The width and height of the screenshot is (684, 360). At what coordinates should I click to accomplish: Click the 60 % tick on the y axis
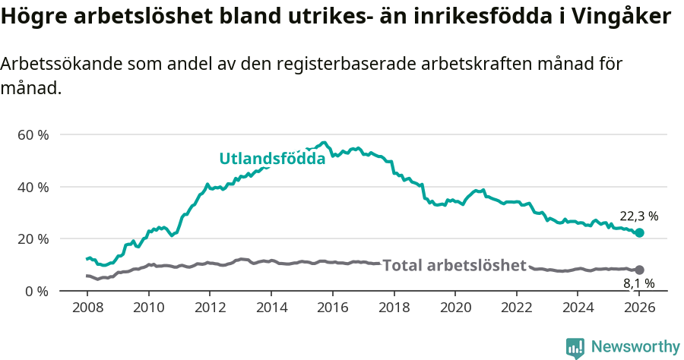[x=33, y=134]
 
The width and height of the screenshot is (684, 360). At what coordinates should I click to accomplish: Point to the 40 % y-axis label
[x=33, y=187]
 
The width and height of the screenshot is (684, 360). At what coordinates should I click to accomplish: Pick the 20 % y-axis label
[x=33, y=238]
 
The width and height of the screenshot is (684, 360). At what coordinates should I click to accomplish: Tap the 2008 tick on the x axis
[x=87, y=308]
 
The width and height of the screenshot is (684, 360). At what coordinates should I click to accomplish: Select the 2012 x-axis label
[x=210, y=308]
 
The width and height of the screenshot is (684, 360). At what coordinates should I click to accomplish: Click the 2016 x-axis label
[x=332, y=308]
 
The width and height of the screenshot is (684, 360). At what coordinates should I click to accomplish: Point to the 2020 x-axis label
[x=455, y=308]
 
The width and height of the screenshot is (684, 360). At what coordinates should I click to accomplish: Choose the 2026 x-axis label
[x=639, y=308]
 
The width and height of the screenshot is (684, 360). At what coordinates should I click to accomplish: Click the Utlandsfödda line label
[x=272, y=159]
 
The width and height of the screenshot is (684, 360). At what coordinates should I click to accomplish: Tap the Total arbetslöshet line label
[x=454, y=265]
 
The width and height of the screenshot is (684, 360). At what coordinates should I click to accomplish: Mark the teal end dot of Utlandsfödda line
[x=639, y=232]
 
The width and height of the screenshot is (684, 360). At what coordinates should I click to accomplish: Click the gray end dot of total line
[x=639, y=270]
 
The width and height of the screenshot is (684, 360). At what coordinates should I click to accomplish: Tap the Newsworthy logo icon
[x=575, y=347]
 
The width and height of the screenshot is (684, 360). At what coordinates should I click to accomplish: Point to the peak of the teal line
[x=325, y=142]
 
